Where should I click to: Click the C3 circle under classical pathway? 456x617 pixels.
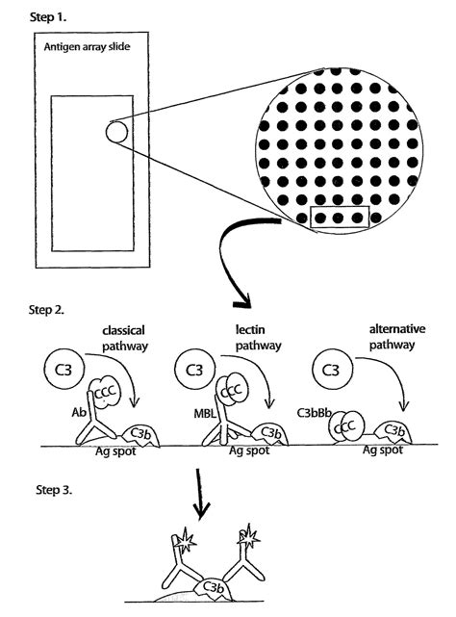tap(64, 369)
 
